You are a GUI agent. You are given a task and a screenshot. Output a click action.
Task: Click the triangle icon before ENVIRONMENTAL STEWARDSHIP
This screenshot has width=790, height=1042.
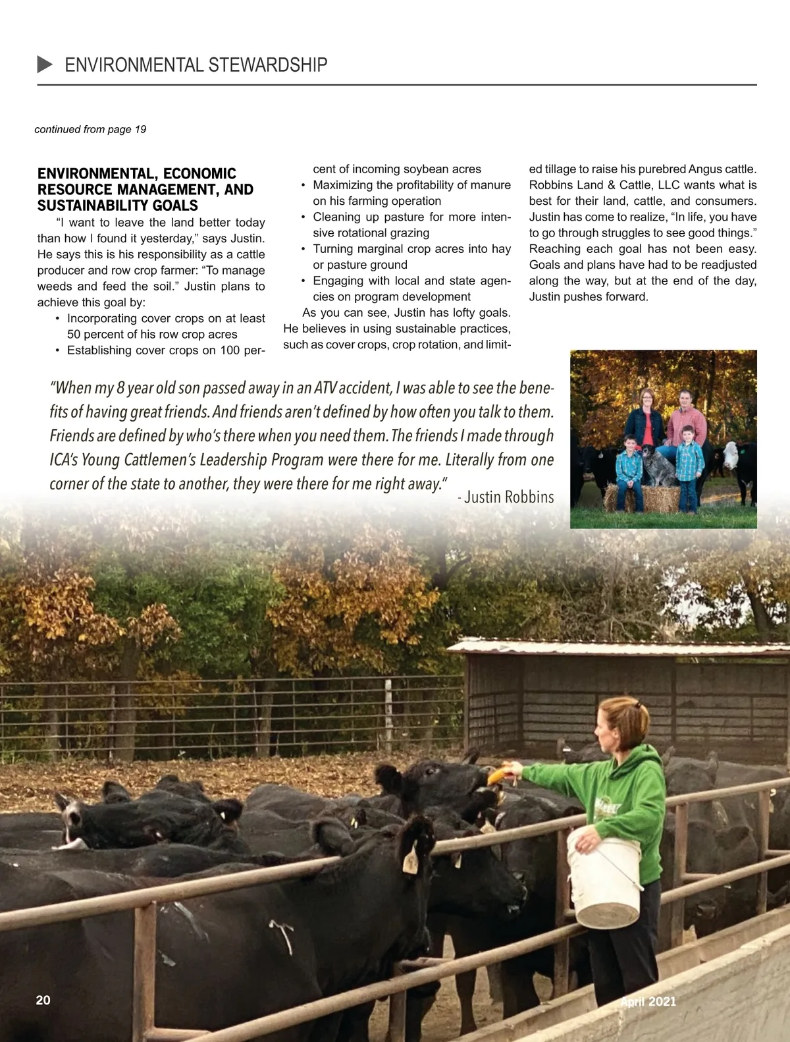(45, 64)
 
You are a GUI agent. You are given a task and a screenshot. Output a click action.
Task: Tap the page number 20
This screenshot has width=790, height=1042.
(43, 1000)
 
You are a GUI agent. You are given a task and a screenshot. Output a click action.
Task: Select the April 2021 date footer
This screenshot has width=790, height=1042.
(648, 1001)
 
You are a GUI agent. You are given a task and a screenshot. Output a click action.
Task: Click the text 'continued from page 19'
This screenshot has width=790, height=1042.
(90, 129)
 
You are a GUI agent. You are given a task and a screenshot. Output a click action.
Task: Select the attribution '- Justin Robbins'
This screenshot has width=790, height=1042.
(506, 497)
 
